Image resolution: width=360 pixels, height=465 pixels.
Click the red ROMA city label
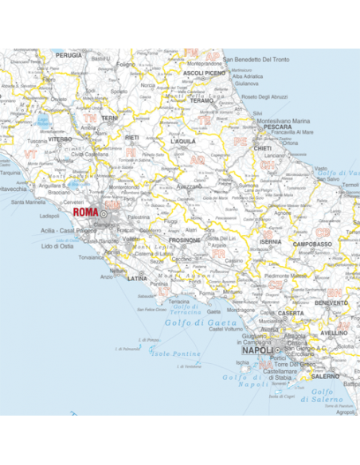tap(84, 213)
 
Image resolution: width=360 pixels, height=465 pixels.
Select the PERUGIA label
tap(68, 56)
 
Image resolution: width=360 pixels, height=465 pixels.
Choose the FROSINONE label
tap(184, 239)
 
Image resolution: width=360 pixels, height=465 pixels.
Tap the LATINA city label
tap(138, 279)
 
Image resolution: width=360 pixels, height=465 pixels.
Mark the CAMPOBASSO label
tap(311, 244)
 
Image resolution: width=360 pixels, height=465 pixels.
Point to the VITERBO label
tap(60, 139)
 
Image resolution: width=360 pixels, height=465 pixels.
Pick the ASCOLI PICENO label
tap(205, 73)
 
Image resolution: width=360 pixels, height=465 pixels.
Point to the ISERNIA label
tap(270, 240)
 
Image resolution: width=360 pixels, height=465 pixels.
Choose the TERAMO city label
tap(202, 101)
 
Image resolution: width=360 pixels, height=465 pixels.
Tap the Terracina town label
tap(179, 303)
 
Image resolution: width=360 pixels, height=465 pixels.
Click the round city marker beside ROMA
tap(104, 213)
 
